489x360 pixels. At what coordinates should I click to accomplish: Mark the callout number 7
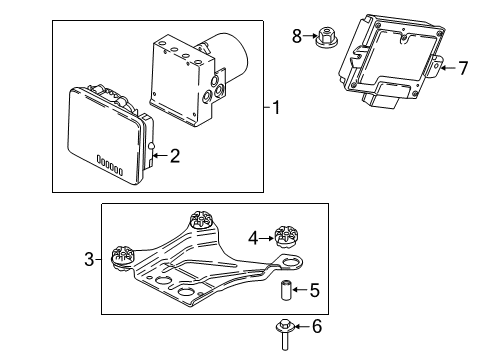[x=462, y=69]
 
